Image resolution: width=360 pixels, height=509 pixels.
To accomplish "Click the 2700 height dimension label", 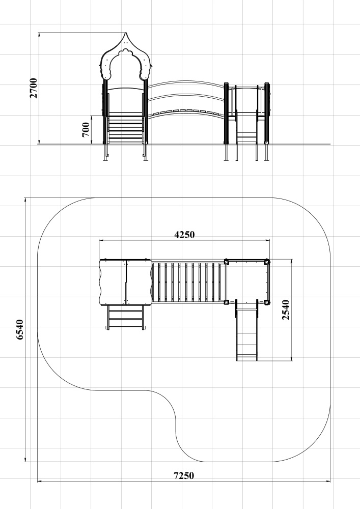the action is coord(34,88).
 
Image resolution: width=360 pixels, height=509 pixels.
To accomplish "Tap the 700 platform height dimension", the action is coord(86,129).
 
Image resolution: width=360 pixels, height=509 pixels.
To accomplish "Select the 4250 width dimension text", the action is coord(184,234).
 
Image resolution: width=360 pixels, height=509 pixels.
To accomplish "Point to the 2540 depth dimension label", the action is coord(286,309).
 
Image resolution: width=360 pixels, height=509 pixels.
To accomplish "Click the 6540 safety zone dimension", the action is coord(20,329).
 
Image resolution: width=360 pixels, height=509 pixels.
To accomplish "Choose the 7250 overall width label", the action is coord(184,475).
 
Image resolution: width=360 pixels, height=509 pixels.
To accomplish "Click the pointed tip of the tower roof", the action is coord(126,33).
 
